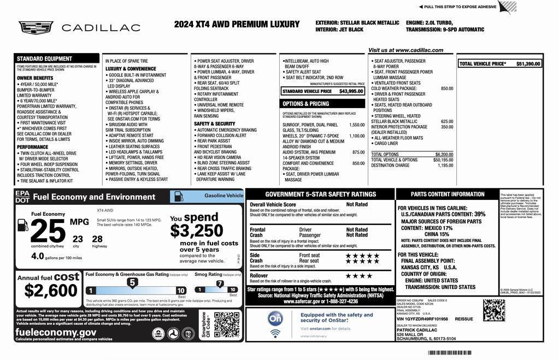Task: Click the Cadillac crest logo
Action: [x=36, y=27]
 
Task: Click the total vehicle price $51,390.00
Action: [x=528, y=64]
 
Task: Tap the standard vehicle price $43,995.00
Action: [x=351, y=91]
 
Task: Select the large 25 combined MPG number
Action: [x=48, y=231]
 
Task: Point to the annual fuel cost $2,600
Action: [x=51, y=290]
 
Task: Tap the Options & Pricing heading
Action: [x=305, y=103]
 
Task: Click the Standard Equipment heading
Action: [x=44, y=58]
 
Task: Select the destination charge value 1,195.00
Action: [x=445, y=165]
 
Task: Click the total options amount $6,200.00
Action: [x=444, y=154]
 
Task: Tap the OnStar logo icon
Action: [x=275, y=318]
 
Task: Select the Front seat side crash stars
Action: [x=362, y=255]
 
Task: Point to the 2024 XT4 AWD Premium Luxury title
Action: [x=237, y=25]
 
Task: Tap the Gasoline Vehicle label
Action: [x=223, y=195]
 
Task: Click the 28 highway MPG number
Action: [x=97, y=239]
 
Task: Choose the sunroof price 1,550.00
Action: [x=357, y=125]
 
